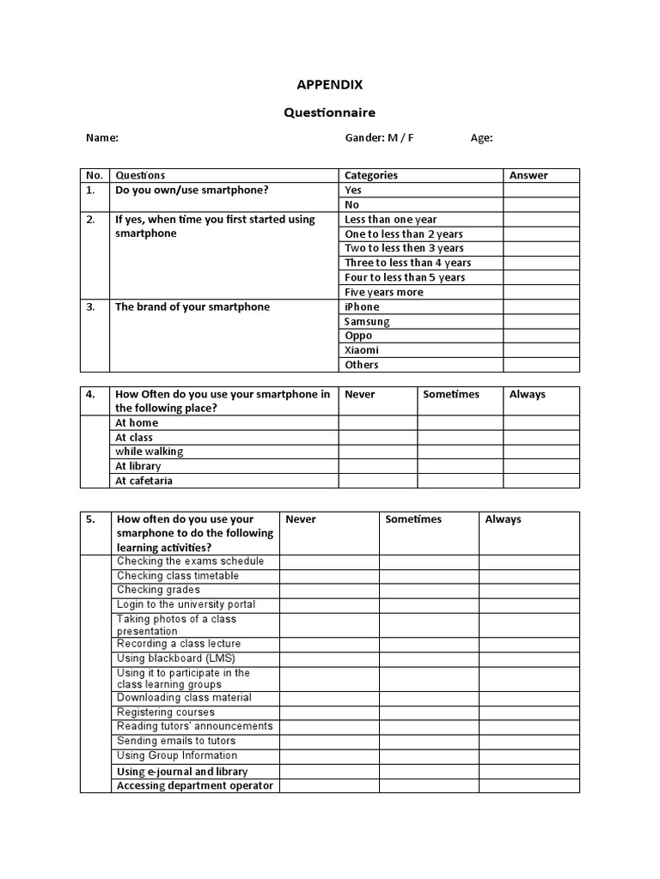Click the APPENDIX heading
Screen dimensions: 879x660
[x=330, y=84]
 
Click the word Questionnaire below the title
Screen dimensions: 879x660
[x=330, y=112]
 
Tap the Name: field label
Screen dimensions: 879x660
[x=101, y=137]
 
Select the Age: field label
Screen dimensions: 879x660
[x=481, y=137]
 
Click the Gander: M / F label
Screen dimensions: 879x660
[x=379, y=137]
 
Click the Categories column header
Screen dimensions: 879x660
[x=371, y=175]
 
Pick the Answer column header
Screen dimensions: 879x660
[x=529, y=175]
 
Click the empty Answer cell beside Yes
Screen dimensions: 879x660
[x=541, y=190]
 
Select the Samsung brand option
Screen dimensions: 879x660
[x=367, y=321]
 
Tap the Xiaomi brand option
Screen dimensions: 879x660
[x=362, y=350]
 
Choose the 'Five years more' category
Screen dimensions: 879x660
[x=384, y=292]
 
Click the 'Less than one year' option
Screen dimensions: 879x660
[x=391, y=219]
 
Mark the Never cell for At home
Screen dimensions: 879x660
[x=378, y=422]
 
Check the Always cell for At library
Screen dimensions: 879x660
[x=541, y=466]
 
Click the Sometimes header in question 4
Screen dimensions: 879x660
[x=451, y=394]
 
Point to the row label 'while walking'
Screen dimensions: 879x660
[x=150, y=452]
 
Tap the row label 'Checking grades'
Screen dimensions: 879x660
[x=158, y=590]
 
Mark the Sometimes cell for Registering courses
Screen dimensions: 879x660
[x=429, y=712]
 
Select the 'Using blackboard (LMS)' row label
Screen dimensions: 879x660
[x=170, y=658]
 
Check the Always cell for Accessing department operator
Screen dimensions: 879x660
[x=529, y=785]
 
